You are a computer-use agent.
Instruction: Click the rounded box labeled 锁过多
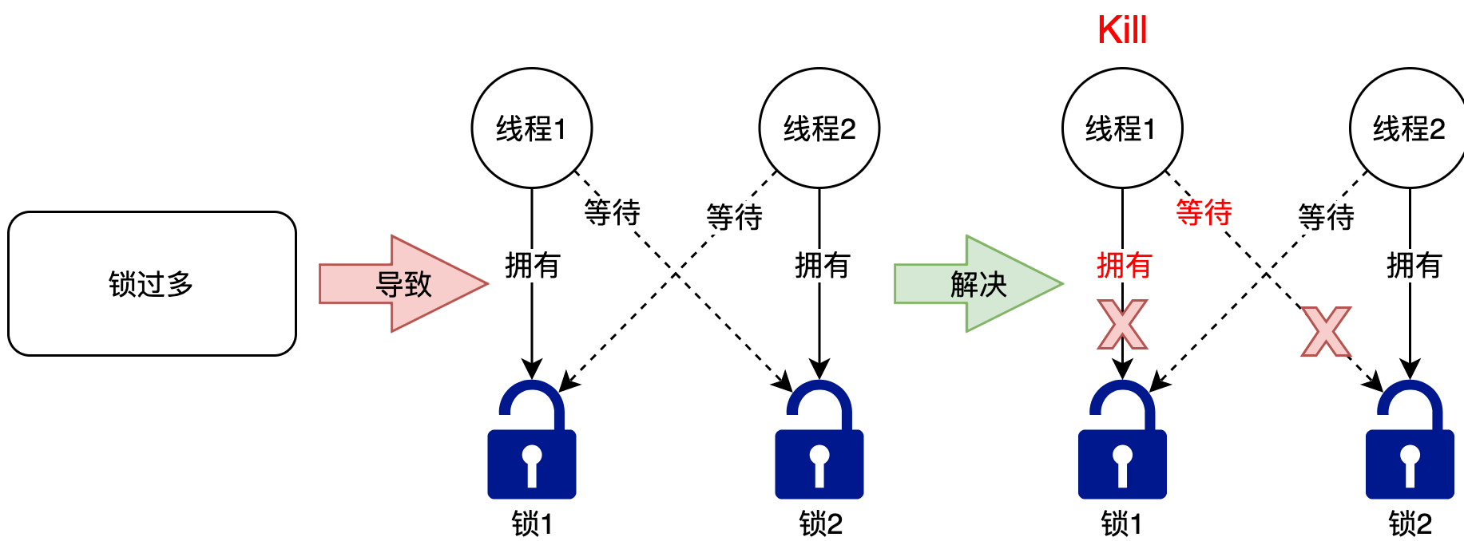pos(152,283)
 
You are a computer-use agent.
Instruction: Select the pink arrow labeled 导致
pos(403,283)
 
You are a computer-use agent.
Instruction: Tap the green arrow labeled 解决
pos(978,283)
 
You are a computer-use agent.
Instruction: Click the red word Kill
pos(1122,30)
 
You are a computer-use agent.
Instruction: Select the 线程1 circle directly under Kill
pos(1122,128)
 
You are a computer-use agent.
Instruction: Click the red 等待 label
pos(1204,212)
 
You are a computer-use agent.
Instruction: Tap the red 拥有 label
pos(1124,265)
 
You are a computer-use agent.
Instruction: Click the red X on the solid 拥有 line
pos(1122,325)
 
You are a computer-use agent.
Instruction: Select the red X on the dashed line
pos(1326,332)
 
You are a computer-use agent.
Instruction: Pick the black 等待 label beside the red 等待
pos(1326,216)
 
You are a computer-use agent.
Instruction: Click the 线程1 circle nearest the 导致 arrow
pos(532,128)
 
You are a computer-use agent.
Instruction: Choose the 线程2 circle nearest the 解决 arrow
pos(819,128)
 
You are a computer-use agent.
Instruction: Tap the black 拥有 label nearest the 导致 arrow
pos(533,265)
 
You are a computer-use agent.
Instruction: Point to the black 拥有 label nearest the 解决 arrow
pos(822,265)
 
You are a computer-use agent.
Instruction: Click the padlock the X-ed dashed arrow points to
pos(1410,440)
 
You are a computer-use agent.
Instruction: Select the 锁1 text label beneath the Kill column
pos(1121,524)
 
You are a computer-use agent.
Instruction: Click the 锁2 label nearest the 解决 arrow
pos(820,524)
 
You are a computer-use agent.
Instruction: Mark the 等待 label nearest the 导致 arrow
pos(612,212)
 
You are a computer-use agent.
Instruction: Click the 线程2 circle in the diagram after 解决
pos(1409,128)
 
